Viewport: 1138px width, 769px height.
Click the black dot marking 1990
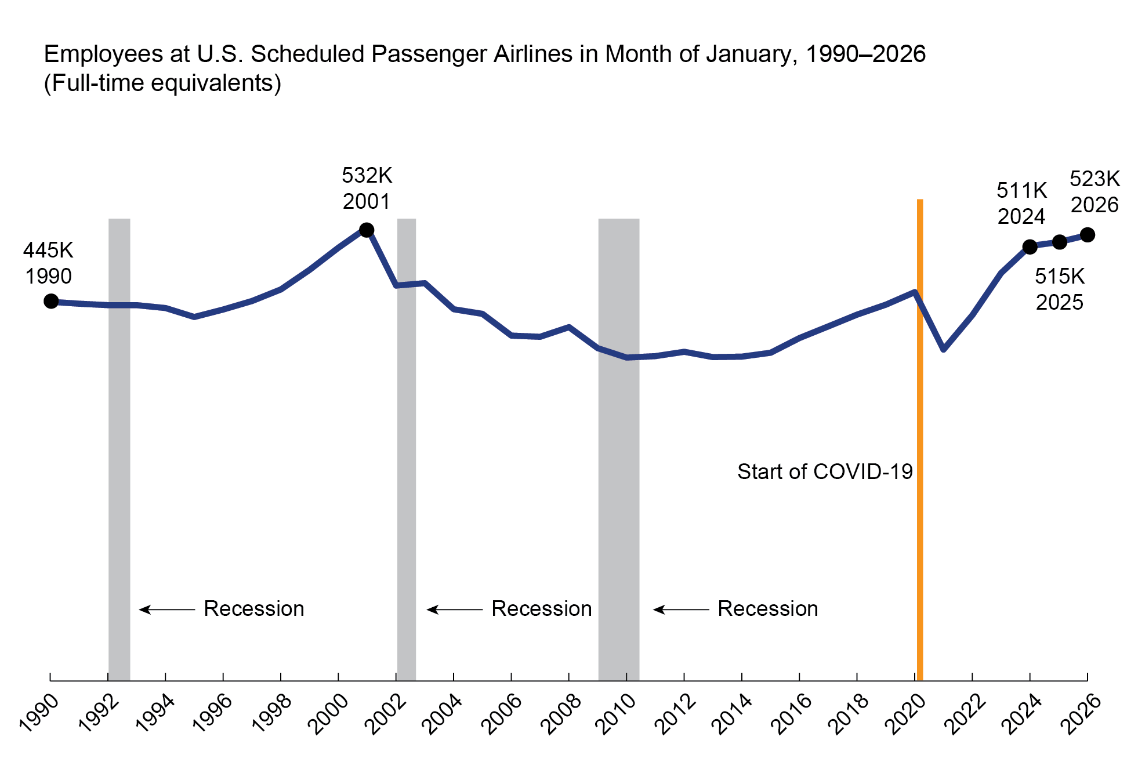point(51,301)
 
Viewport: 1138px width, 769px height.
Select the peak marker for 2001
point(367,230)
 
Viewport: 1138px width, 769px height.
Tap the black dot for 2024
point(1030,247)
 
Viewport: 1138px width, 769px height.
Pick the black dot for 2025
point(1059,242)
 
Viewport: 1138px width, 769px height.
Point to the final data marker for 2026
point(1088,235)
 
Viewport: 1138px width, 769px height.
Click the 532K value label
point(367,175)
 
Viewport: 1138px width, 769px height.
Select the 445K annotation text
point(48,251)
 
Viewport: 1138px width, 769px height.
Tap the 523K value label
point(1094,179)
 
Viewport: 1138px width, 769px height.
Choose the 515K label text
point(1060,277)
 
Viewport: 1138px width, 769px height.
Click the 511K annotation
point(1021,190)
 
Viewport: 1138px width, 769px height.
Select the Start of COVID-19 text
point(825,471)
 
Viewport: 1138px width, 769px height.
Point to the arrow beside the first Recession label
point(166,610)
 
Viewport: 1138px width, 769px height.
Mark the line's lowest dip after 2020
point(944,350)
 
